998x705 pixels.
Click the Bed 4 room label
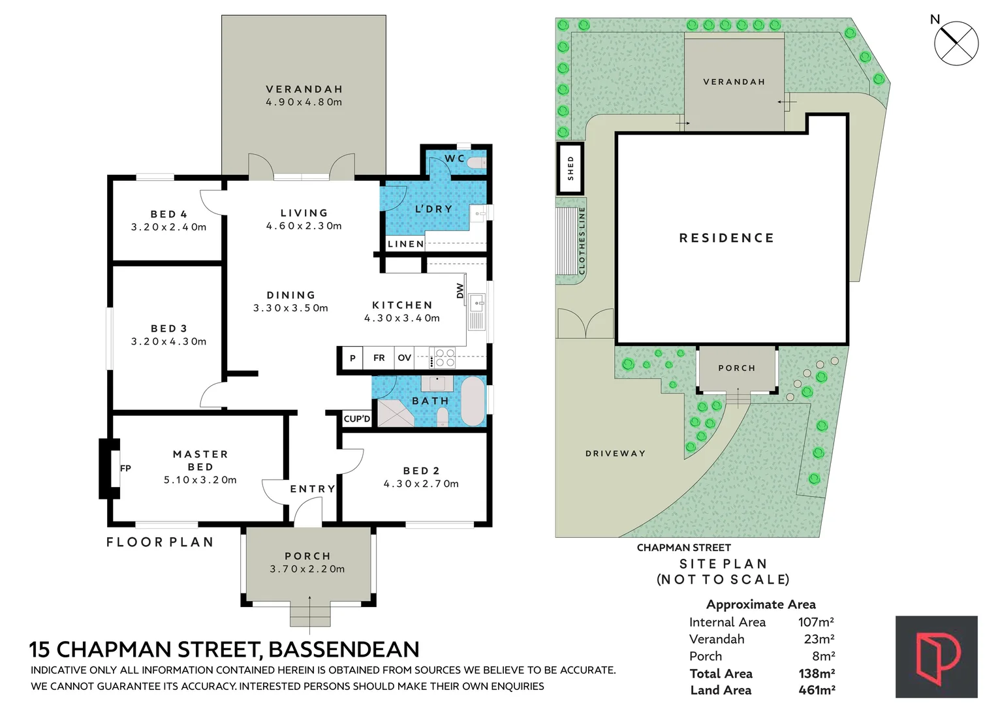coord(168,214)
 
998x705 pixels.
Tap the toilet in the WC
coord(477,163)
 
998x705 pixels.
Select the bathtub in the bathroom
coord(473,401)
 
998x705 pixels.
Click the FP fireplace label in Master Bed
coord(125,468)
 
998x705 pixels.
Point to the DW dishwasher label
coord(460,290)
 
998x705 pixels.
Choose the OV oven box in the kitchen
coord(405,358)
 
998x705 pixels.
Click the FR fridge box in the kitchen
coord(379,358)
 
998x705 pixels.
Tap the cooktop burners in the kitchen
coord(444,358)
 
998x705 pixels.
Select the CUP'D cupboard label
coord(357,418)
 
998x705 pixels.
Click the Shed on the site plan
coord(570,168)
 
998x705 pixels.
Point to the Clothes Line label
coord(582,241)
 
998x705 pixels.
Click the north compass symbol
coord(956,43)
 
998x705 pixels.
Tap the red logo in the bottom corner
coord(936,657)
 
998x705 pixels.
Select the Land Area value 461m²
coord(817,690)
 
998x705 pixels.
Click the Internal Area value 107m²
coord(816,622)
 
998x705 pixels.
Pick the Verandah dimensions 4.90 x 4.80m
coord(304,102)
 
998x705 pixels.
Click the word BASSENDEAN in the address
coord(344,650)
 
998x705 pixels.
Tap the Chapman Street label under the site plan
coord(683,548)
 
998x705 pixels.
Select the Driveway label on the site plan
coord(615,453)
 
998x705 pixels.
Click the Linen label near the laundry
coord(405,244)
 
